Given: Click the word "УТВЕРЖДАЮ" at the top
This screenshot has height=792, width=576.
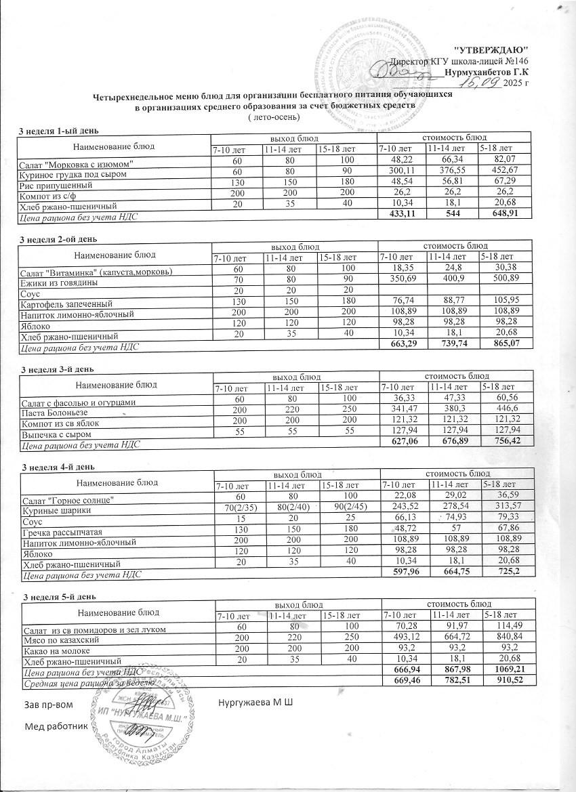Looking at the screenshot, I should pos(490,51).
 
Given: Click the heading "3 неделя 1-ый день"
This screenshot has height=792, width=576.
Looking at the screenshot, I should pos(60,129).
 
